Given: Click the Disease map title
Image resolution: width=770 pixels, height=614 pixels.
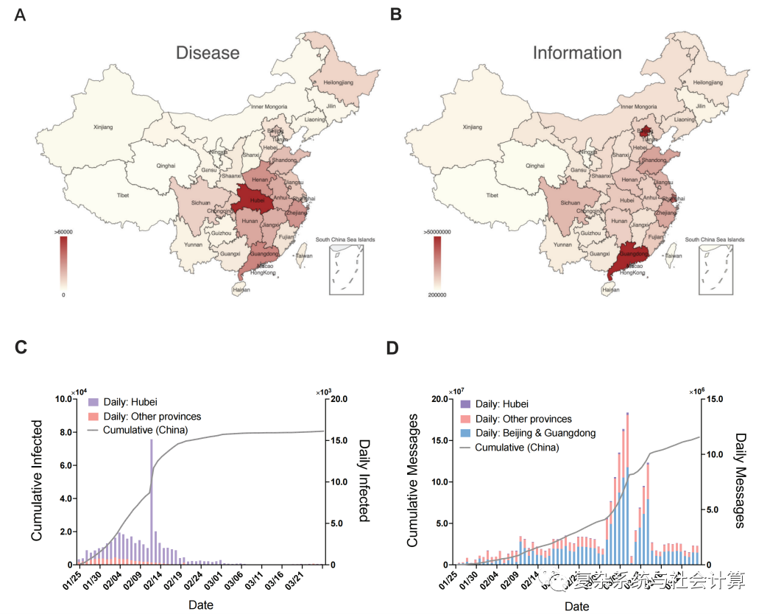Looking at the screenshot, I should (x=207, y=53).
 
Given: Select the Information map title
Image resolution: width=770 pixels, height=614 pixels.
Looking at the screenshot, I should (x=577, y=53).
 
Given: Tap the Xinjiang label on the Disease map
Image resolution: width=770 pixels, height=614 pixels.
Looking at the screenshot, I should (x=104, y=127).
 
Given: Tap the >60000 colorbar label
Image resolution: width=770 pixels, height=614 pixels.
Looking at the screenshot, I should (x=63, y=231).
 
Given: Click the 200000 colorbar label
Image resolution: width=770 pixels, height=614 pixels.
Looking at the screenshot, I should (x=434, y=294).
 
